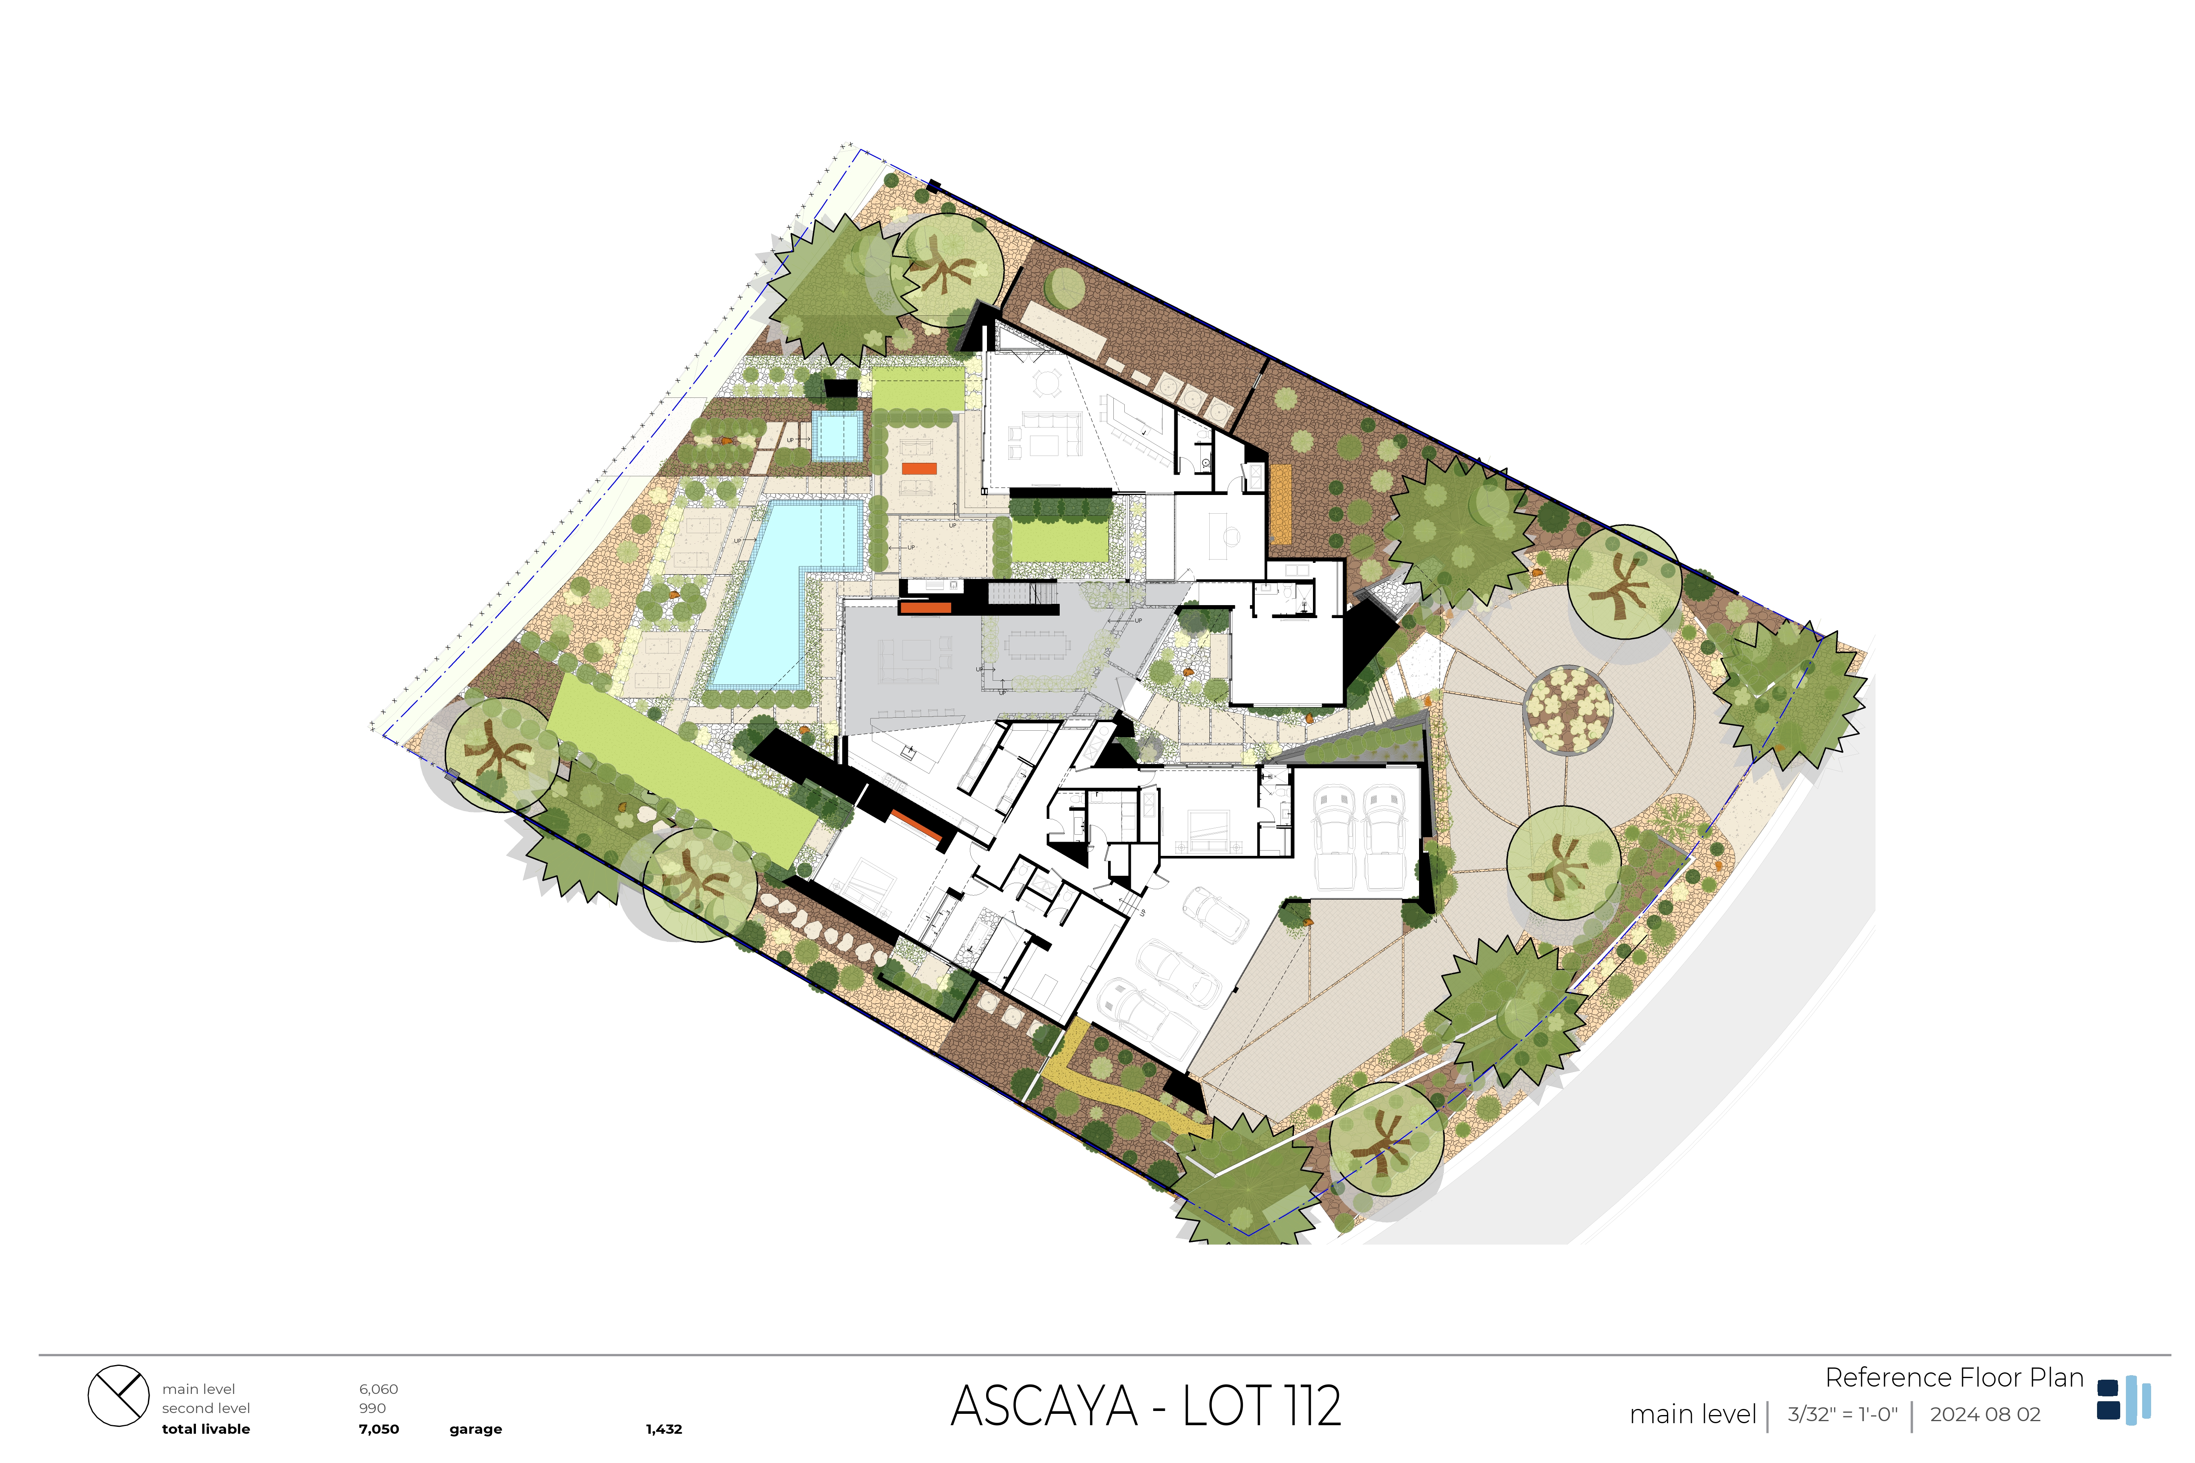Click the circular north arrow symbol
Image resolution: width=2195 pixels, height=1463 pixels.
(119, 1396)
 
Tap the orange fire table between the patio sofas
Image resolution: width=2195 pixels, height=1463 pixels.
(919, 469)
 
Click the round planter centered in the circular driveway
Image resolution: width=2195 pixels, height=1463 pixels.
(1568, 709)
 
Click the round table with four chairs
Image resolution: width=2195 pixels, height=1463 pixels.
(1049, 382)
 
